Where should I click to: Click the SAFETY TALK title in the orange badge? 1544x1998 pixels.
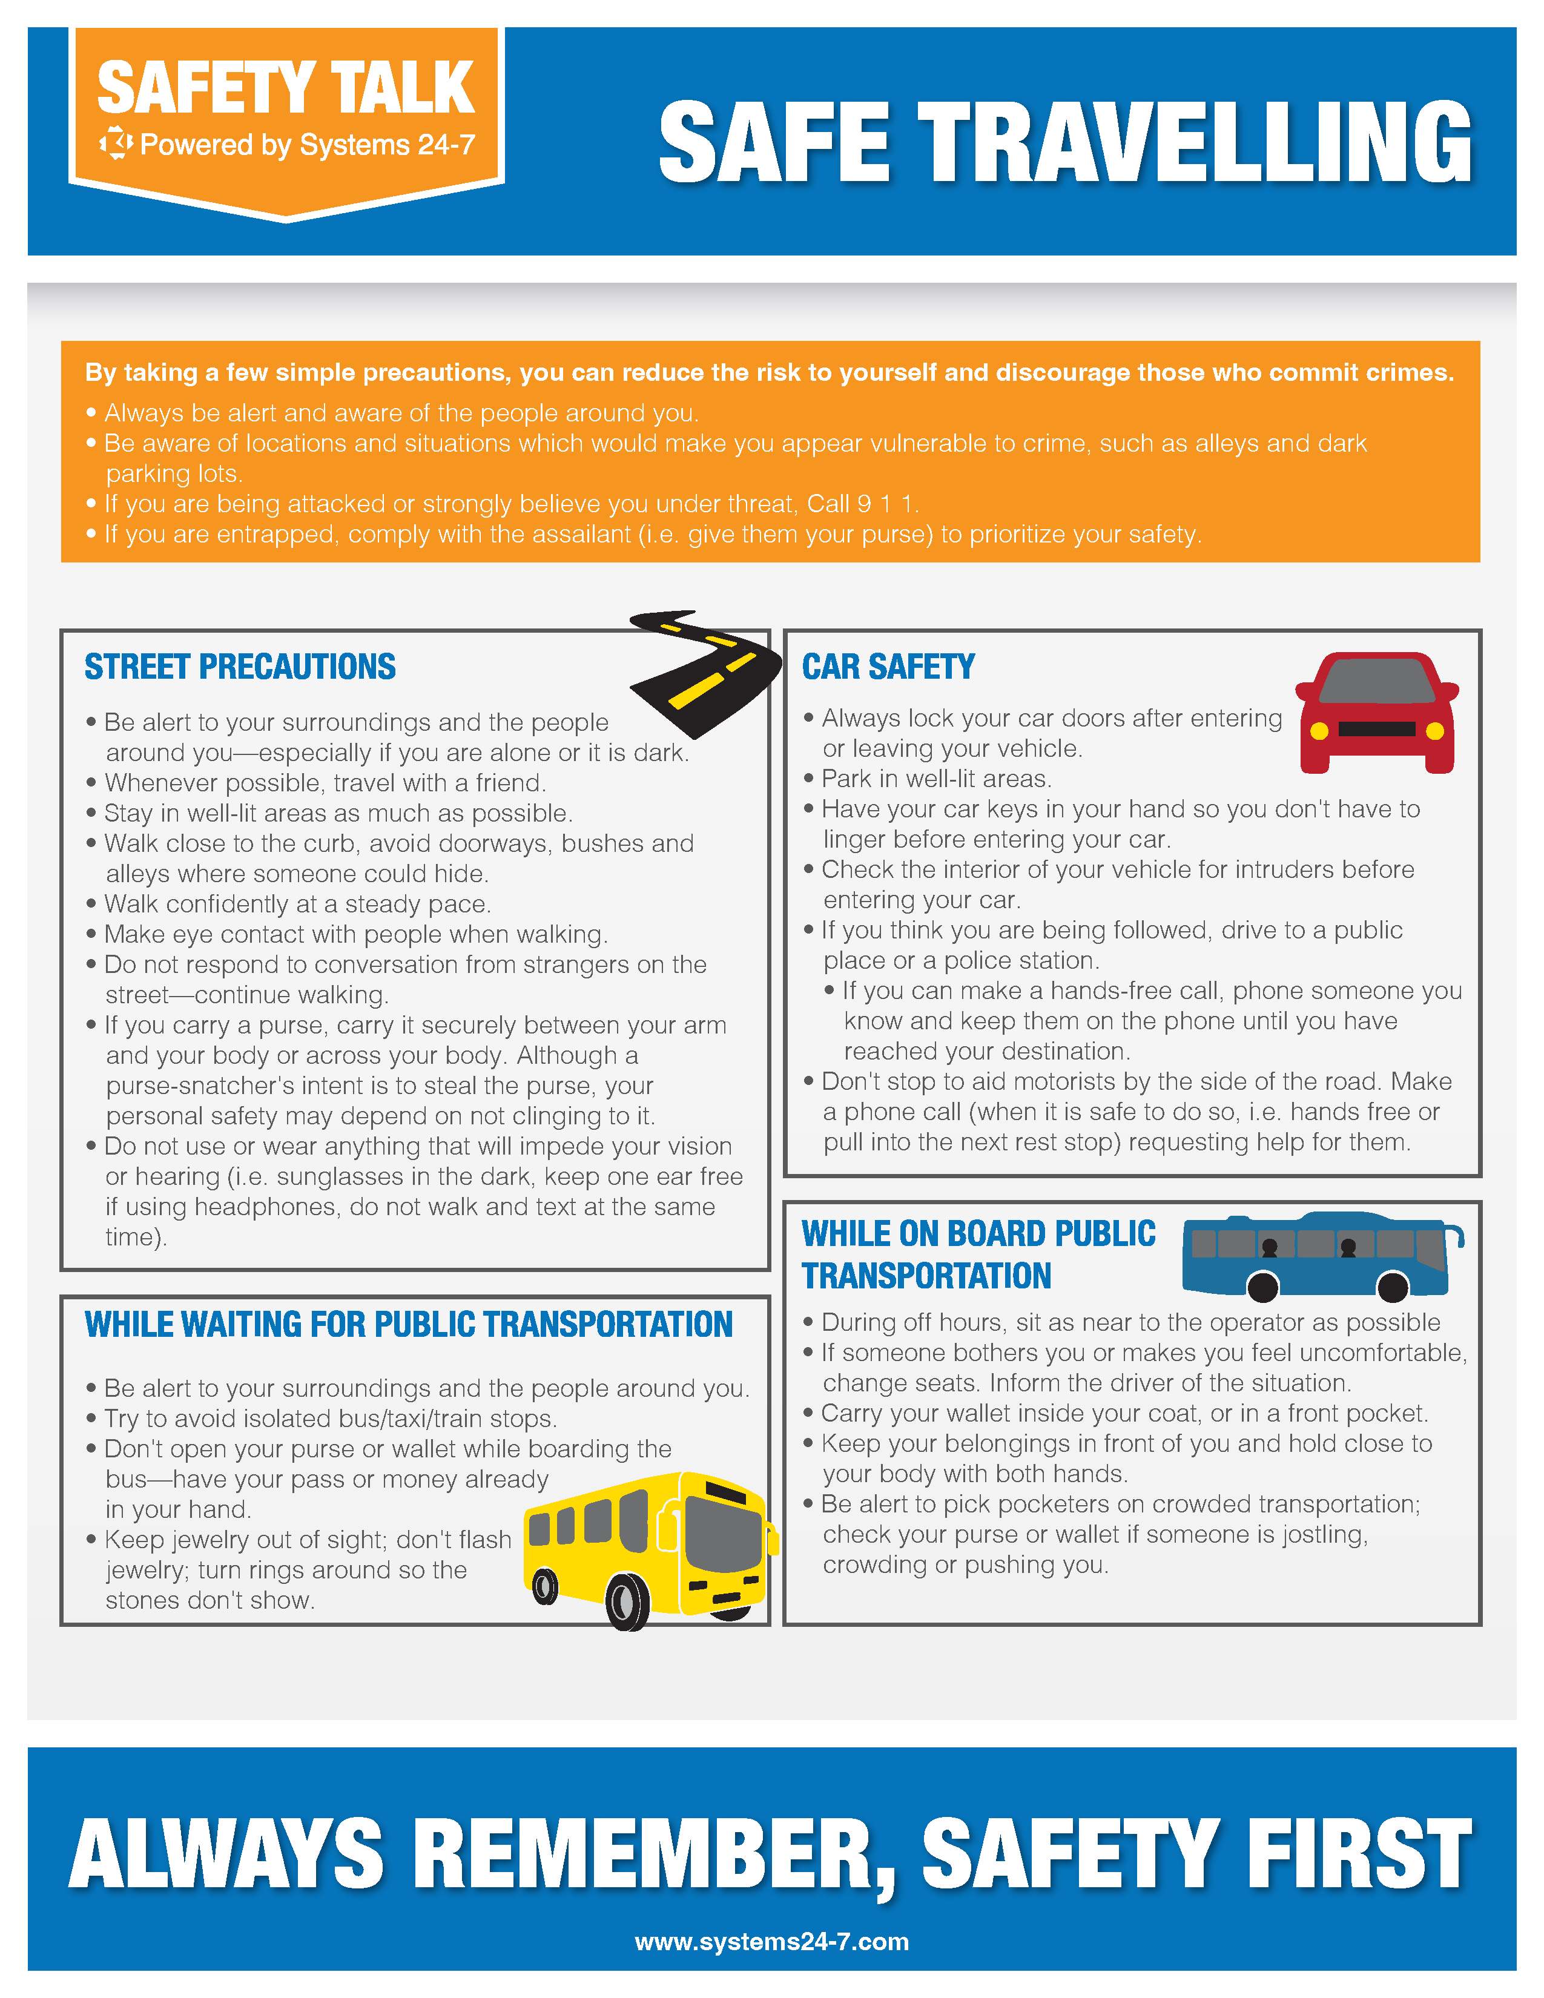click(285, 89)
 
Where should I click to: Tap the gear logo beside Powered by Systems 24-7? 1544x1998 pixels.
click(116, 143)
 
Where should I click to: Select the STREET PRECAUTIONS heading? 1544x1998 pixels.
click(240, 667)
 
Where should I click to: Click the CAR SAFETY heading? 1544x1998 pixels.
click(888, 667)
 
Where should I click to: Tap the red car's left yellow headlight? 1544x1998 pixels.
click(1319, 731)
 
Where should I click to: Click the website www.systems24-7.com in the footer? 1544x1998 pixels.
click(771, 1941)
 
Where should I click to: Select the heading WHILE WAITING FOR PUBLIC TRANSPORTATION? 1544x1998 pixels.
click(408, 1325)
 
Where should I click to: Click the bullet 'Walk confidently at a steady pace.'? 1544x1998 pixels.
click(297, 904)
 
